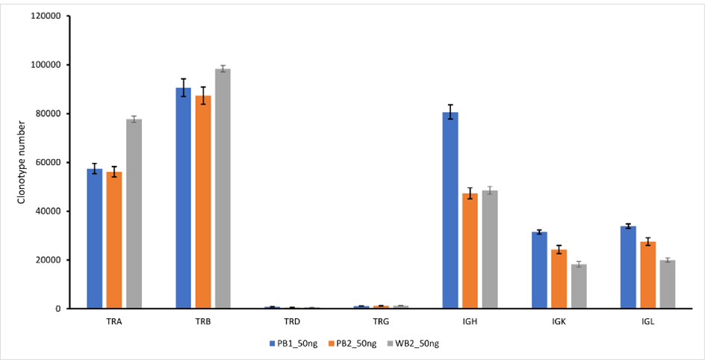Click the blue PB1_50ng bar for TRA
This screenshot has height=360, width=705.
[x=94, y=239]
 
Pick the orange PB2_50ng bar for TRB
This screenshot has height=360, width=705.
[x=202, y=202]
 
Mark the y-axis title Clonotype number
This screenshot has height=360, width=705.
[x=22, y=163]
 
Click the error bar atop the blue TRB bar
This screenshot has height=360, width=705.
[x=183, y=87]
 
